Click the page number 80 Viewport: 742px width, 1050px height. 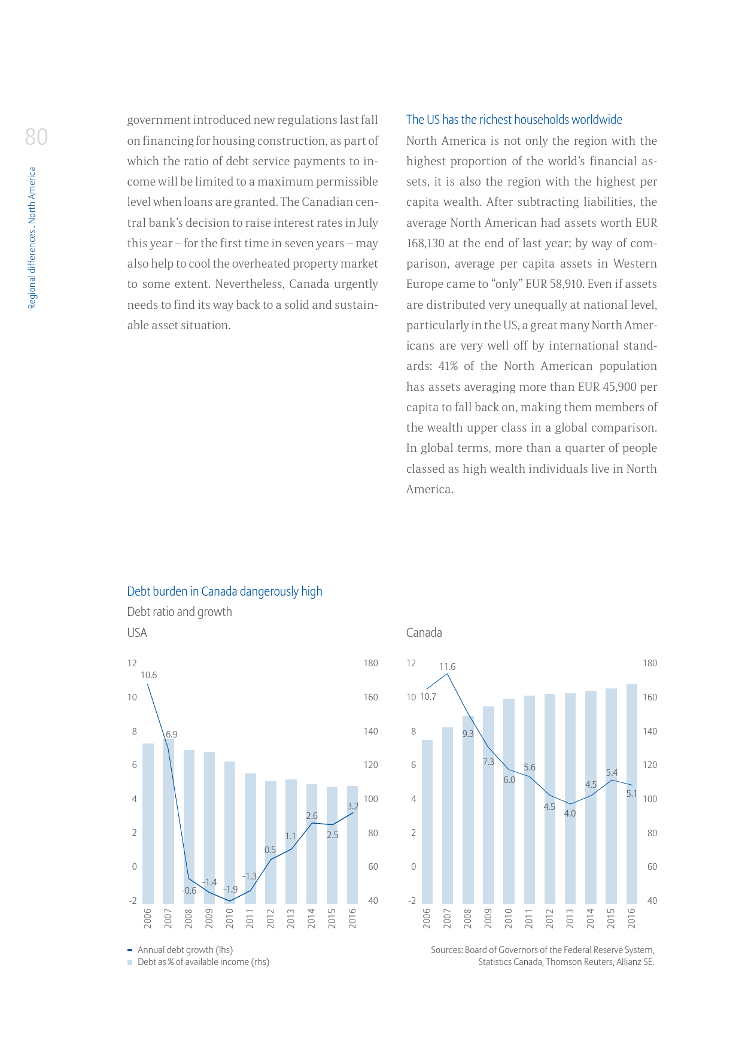click(37, 137)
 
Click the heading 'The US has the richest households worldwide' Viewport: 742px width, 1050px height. click(514, 120)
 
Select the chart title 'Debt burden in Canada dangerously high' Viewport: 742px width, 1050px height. click(224, 591)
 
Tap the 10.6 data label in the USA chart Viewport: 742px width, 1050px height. click(148, 675)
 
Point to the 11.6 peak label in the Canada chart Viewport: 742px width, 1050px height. click(447, 667)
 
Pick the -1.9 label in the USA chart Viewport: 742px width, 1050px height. click(230, 890)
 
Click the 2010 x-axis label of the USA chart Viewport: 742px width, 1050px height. click(230, 918)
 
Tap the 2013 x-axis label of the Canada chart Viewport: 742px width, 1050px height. click(570, 918)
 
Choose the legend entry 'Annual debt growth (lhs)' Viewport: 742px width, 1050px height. click(185, 950)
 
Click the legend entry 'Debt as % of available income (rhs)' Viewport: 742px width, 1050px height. click(203, 962)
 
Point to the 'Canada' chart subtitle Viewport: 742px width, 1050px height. click(424, 633)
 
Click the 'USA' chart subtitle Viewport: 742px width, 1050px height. click(137, 633)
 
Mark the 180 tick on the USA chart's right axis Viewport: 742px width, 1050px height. click(371, 663)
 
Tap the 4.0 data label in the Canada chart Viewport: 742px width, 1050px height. click(570, 814)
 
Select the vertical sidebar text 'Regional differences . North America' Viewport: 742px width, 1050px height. click(32, 238)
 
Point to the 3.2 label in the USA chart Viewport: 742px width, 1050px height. click(352, 806)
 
